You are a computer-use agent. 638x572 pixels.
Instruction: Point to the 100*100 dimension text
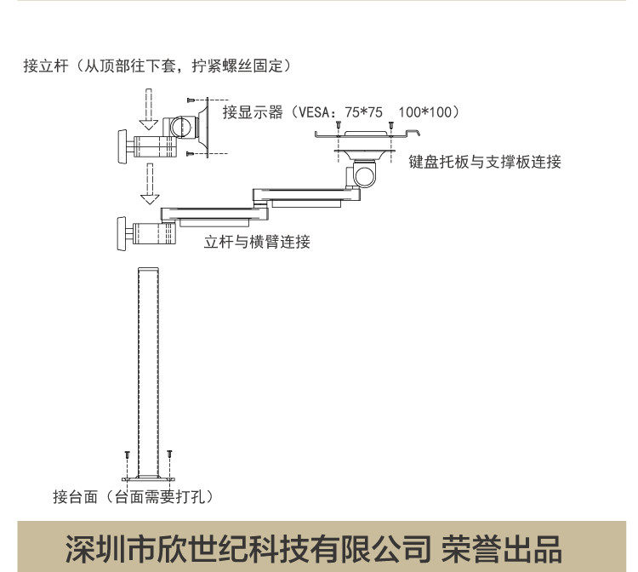click(429, 112)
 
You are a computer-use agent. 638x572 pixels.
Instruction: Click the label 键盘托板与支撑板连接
click(485, 162)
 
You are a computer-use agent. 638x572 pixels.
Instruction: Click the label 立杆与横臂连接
click(257, 242)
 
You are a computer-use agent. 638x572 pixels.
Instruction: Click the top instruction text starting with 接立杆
click(158, 66)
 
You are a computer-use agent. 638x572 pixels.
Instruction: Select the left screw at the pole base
click(127, 455)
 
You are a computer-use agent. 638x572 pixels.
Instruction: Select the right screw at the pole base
click(170, 455)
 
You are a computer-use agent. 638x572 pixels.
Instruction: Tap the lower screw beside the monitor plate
click(191, 153)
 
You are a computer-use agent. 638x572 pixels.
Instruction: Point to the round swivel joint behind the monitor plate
click(181, 127)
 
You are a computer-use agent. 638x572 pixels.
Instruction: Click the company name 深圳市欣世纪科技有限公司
click(247, 546)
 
